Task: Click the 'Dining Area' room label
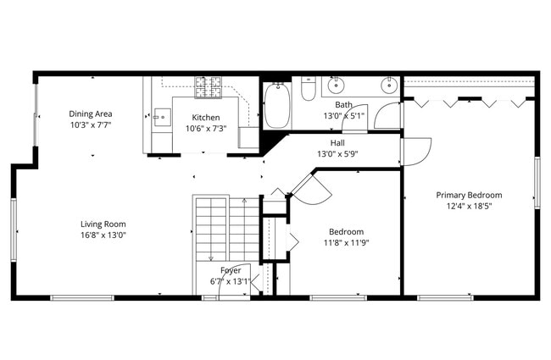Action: point(91,114)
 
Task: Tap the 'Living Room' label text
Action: point(103,224)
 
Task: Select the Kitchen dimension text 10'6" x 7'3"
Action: point(205,129)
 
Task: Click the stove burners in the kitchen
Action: point(209,85)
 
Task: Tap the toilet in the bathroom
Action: point(308,88)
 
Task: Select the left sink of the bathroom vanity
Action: point(336,85)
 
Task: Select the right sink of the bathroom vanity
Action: point(389,85)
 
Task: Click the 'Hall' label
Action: point(337,143)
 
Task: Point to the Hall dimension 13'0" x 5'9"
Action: point(337,154)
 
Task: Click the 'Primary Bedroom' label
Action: point(469,195)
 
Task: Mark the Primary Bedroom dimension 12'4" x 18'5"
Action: point(469,206)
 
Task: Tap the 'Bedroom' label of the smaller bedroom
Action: point(346,231)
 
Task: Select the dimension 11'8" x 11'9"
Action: point(346,242)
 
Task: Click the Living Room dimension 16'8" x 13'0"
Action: point(103,235)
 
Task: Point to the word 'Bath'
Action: point(343,104)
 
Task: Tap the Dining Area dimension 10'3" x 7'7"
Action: point(91,125)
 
